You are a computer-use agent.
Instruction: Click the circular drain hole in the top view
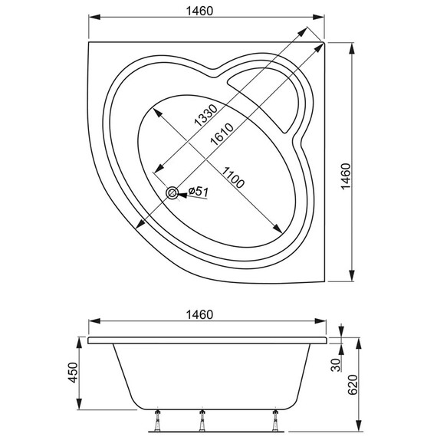coord(172,193)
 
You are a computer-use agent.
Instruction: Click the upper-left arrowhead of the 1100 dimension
coord(156,110)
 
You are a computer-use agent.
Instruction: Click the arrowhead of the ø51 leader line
coord(182,194)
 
